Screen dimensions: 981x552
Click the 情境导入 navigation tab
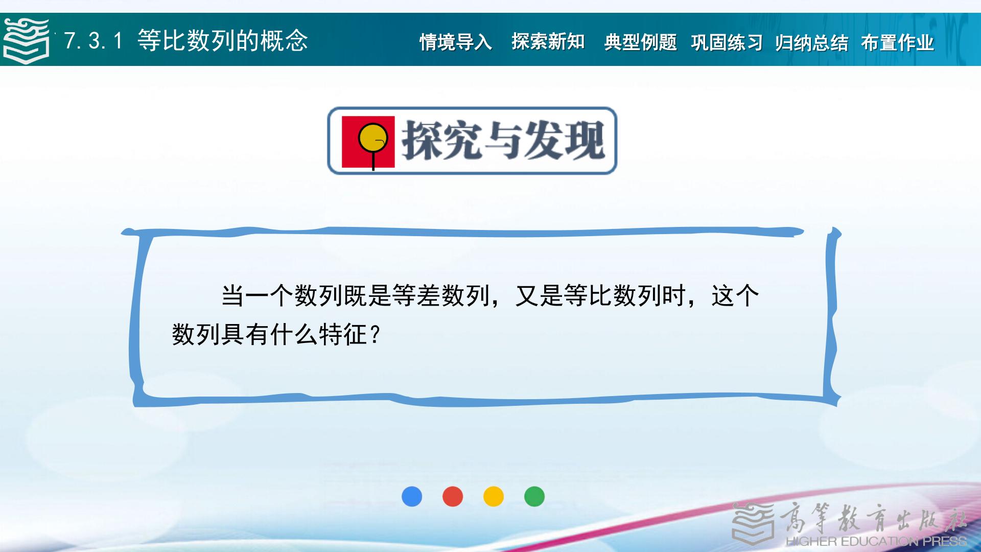(456, 42)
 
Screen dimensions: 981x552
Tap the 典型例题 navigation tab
(641, 42)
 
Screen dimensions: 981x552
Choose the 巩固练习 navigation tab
(727, 42)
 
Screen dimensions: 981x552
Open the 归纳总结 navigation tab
(811, 42)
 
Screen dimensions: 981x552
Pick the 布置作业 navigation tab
(897, 42)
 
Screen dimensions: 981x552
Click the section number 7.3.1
(94, 40)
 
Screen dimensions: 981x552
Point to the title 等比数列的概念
(223, 40)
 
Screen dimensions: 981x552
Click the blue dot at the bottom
(412, 496)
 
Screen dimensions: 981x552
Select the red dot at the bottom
(453, 496)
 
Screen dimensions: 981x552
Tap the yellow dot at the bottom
(494, 496)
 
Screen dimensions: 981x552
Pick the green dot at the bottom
(534, 496)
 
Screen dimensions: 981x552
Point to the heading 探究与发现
(503, 141)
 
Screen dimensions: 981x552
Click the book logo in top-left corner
(26, 40)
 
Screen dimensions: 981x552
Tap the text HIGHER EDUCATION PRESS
(876, 541)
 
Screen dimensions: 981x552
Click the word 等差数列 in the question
(441, 295)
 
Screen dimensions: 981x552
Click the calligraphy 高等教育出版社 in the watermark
(874, 517)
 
